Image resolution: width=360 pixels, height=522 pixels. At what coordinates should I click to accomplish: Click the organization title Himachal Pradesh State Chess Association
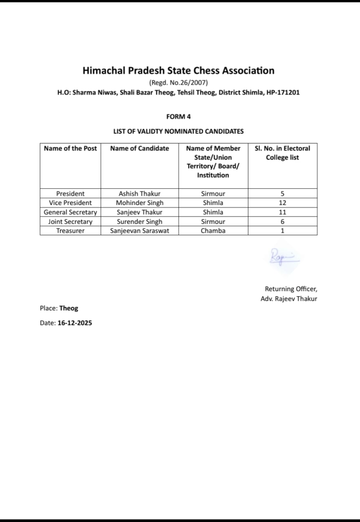point(178,71)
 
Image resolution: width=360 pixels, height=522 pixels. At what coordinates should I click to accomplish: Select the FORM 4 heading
point(178,117)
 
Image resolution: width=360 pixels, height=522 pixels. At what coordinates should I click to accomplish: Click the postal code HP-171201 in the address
point(283,93)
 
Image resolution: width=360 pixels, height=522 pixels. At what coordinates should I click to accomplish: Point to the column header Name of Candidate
point(140,148)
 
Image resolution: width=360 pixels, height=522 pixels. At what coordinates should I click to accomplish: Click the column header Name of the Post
point(70,148)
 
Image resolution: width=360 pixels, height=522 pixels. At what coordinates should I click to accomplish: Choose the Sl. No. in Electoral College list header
point(282,153)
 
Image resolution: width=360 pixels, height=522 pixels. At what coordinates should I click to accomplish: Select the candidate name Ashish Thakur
point(140,194)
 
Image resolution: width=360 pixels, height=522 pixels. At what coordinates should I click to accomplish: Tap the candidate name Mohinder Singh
point(140,203)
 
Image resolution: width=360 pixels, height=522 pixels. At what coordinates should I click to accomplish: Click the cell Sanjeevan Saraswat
point(140,231)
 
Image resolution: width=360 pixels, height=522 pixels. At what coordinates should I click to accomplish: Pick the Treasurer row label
point(70,231)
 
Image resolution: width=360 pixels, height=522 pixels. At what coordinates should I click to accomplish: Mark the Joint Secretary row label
point(70,222)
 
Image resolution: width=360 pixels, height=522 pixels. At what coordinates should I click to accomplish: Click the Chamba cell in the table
point(213,231)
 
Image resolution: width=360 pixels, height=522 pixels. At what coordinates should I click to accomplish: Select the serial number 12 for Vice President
point(282,203)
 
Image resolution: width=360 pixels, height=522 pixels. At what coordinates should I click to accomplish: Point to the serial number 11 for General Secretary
point(282,212)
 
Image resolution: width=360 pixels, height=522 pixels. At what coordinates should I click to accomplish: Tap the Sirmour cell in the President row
point(213,194)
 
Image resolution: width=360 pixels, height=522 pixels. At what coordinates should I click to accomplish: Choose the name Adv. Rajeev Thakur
point(289,299)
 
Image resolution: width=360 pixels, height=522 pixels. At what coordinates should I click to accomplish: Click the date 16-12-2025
point(75,323)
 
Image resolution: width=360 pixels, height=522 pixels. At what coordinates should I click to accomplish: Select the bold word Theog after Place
point(69,308)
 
